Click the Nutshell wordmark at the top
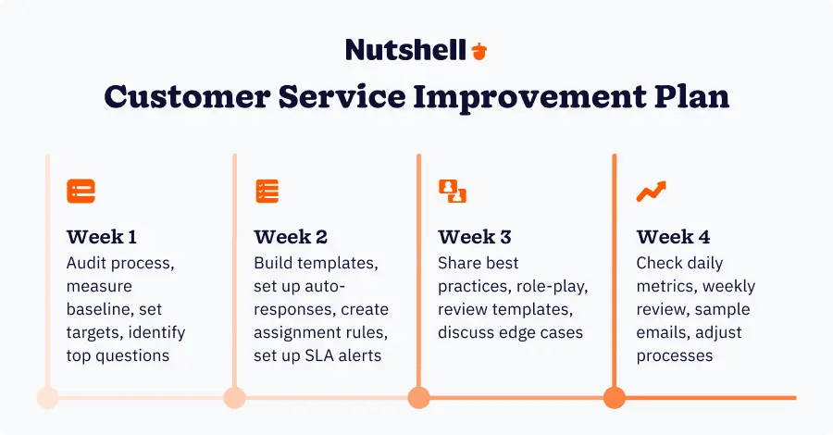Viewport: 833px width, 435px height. pyautogui.click(x=406, y=49)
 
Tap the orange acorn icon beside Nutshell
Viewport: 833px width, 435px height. pyautogui.click(x=479, y=51)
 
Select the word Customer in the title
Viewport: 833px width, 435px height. pyautogui.click(x=187, y=96)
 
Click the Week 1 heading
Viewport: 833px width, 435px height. pyautogui.click(x=102, y=237)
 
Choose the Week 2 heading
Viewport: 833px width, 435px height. pyautogui.click(x=291, y=237)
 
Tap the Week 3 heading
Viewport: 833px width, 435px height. pyautogui.click(x=475, y=237)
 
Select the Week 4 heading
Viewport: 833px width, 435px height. pyautogui.click(x=673, y=237)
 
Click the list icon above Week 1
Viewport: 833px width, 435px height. pyautogui.click(x=81, y=192)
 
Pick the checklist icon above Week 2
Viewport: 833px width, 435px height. pyautogui.click(x=267, y=192)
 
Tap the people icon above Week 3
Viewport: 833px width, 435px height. pyautogui.click(x=453, y=192)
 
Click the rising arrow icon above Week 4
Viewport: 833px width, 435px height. pyautogui.click(x=652, y=192)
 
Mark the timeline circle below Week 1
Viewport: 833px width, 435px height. pyautogui.click(x=48, y=398)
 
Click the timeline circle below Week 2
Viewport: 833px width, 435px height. pyautogui.click(x=234, y=398)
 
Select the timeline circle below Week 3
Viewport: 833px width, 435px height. pyautogui.click(x=418, y=398)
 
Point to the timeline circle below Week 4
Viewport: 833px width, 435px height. pyautogui.click(x=615, y=398)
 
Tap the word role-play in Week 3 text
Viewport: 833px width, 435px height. pyautogui.click(x=552, y=287)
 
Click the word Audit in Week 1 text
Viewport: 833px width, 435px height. pyautogui.click(x=84, y=263)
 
